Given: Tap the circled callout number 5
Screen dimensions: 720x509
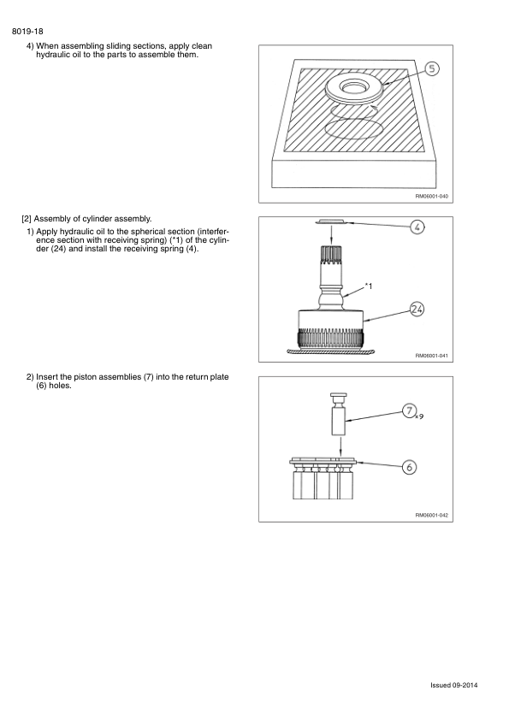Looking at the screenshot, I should pos(432,70).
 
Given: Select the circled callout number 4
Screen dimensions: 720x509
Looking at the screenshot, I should pos(417,227).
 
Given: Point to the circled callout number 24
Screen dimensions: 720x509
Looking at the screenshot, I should pos(417,309).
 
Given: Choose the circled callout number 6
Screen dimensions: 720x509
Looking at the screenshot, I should pos(409,466).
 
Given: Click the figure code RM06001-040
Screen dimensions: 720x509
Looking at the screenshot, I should pos(431,196).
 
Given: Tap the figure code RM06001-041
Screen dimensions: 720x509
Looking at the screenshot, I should pos(431,356).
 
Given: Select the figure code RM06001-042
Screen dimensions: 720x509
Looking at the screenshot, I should pos(431,516).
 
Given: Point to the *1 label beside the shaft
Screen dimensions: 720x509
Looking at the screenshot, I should pos(369,286).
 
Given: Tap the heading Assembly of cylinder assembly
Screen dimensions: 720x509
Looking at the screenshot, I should pos(92,219).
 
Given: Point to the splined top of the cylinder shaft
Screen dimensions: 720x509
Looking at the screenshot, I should pos(332,253).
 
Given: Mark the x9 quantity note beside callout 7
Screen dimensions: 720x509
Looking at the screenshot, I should pos(418,417).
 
